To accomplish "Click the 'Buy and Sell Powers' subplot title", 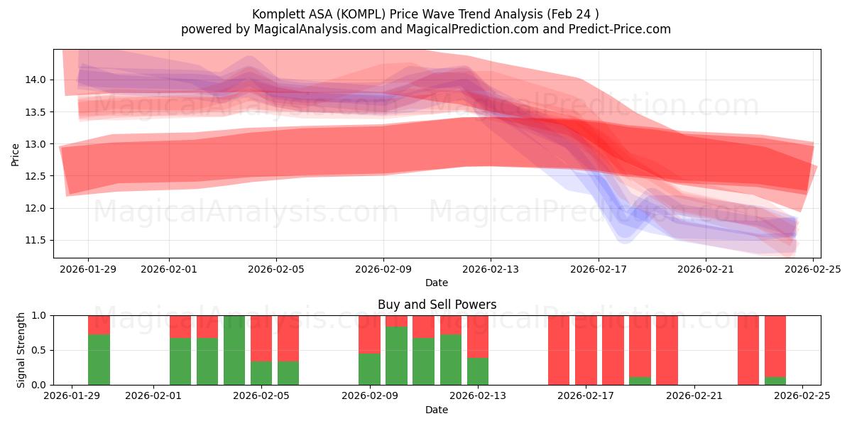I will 437,305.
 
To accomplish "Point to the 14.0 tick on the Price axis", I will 35,80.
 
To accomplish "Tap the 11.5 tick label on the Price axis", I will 35,241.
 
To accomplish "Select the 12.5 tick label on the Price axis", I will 35,176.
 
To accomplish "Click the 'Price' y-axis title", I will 16,154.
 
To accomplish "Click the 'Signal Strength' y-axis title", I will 21,350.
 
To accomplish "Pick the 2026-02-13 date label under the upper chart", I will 491,270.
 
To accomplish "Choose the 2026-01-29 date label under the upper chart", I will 88,270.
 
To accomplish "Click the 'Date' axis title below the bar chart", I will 437,410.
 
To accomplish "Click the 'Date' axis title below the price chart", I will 437,283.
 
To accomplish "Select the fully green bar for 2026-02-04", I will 234,350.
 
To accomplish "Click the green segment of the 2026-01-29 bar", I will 99,359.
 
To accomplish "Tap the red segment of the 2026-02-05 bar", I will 261,338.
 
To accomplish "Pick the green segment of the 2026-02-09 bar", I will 369,369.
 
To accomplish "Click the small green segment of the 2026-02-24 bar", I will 775,381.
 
